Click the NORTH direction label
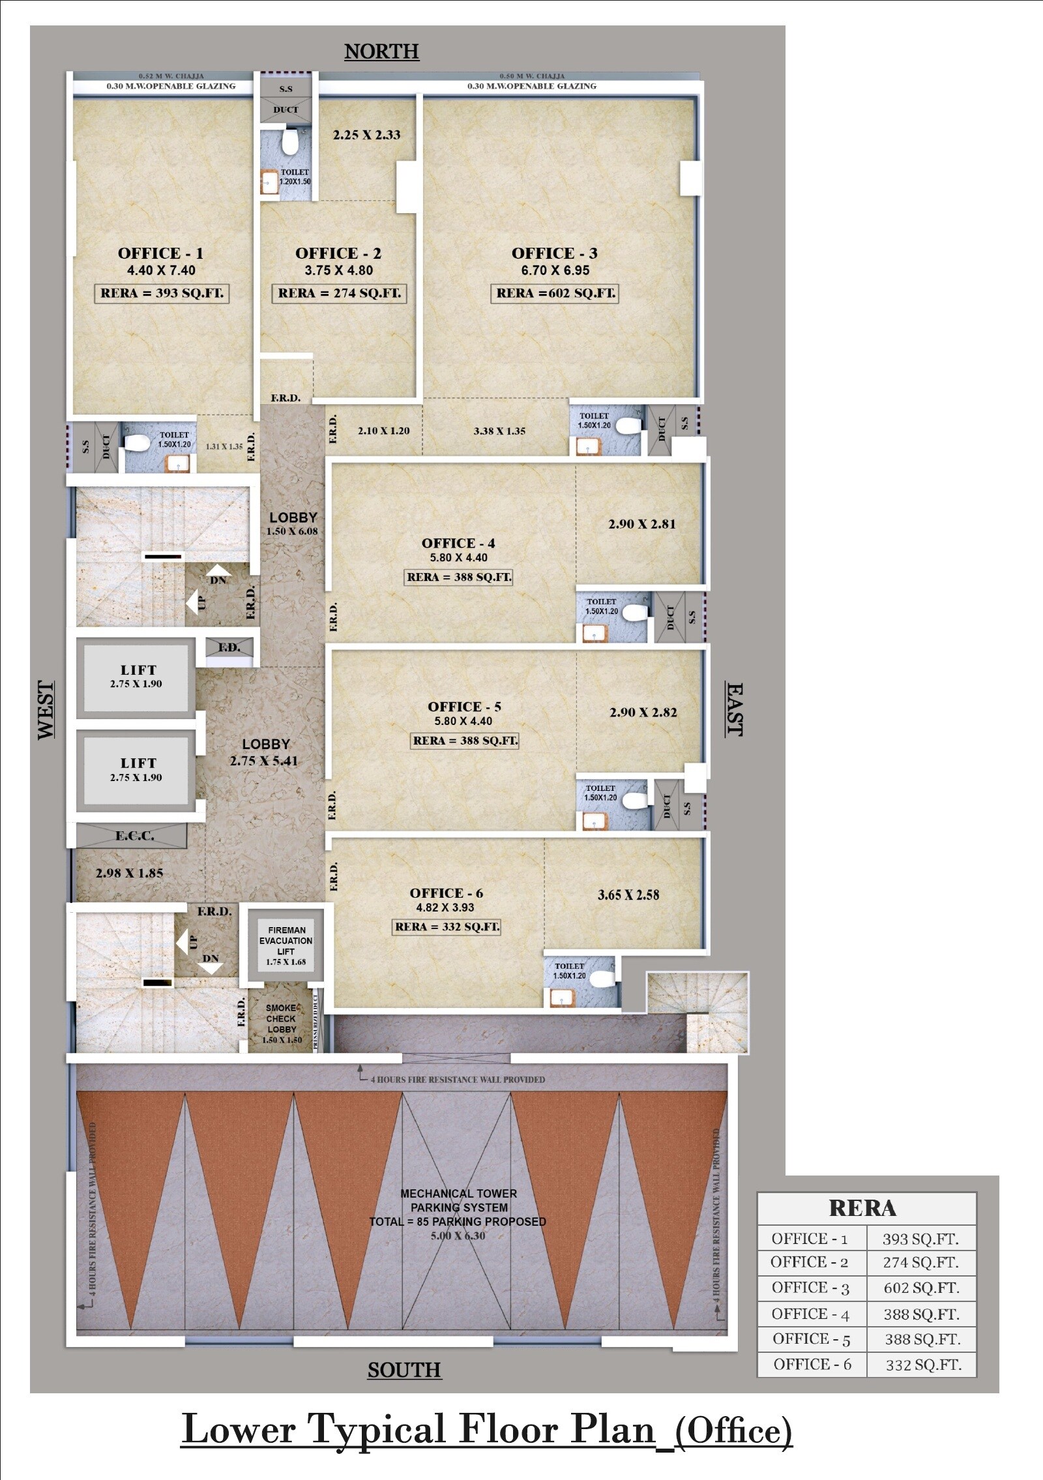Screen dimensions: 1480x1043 click(x=381, y=52)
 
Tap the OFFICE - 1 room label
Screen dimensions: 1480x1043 click(x=160, y=254)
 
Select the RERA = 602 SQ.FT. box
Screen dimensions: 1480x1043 click(x=555, y=293)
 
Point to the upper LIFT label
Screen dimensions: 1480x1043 click(x=138, y=670)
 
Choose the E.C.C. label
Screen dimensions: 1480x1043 click(x=135, y=836)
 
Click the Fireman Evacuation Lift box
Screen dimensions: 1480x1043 click(x=286, y=945)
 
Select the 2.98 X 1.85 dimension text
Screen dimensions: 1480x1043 click(x=129, y=873)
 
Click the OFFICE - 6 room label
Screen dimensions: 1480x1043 click(x=447, y=893)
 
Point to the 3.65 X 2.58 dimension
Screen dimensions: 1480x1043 click(x=628, y=895)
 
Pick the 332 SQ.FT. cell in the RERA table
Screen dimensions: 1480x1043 click(x=923, y=1365)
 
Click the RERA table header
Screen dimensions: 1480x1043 click(x=862, y=1208)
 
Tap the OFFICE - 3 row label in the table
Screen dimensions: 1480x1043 click(x=810, y=1288)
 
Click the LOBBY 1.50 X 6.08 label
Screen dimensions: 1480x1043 click(x=293, y=524)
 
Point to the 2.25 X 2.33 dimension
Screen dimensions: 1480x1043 click(x=366, y=135)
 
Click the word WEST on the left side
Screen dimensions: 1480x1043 click(x=46, y=710)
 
